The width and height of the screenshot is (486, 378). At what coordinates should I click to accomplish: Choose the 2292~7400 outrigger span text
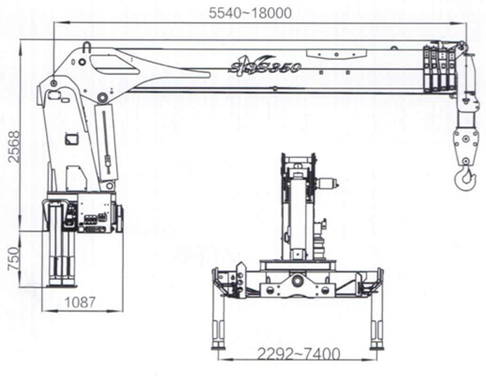pos(298,354)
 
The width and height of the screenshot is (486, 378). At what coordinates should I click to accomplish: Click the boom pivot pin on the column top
pos(55,82)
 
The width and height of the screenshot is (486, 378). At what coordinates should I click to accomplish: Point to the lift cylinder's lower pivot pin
pos(110,185)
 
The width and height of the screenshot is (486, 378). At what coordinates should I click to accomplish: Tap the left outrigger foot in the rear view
pos(218,346)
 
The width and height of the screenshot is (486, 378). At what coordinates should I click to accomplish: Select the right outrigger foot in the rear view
pos(377,346)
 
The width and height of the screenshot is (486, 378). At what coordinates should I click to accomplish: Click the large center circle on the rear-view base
pos(298,281)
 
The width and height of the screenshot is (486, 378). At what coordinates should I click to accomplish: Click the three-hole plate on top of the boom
pos(334,54)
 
